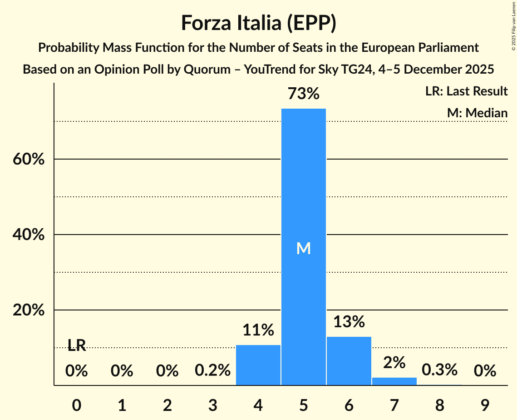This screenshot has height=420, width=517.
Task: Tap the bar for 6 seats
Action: (349, 361)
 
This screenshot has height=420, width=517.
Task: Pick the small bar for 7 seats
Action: (394, 381)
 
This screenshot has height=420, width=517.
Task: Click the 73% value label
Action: (303, 94)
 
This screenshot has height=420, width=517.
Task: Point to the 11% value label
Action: (258, 330)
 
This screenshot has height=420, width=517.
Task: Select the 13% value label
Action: (349, 322)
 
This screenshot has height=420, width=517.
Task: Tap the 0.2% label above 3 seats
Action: (212, 371)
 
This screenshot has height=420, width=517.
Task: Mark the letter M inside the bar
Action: (303, 248)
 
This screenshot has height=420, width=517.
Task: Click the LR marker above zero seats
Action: (77, 345)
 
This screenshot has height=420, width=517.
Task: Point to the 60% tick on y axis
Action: (28, 160)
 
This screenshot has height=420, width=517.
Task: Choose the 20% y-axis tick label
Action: (28, 310)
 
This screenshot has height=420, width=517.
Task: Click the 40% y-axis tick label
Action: (28, 235)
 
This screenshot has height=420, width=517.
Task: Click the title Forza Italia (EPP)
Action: (258, 23)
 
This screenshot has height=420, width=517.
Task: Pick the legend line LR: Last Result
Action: (466, 91)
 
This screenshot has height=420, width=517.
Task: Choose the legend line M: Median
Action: (477, 113)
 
